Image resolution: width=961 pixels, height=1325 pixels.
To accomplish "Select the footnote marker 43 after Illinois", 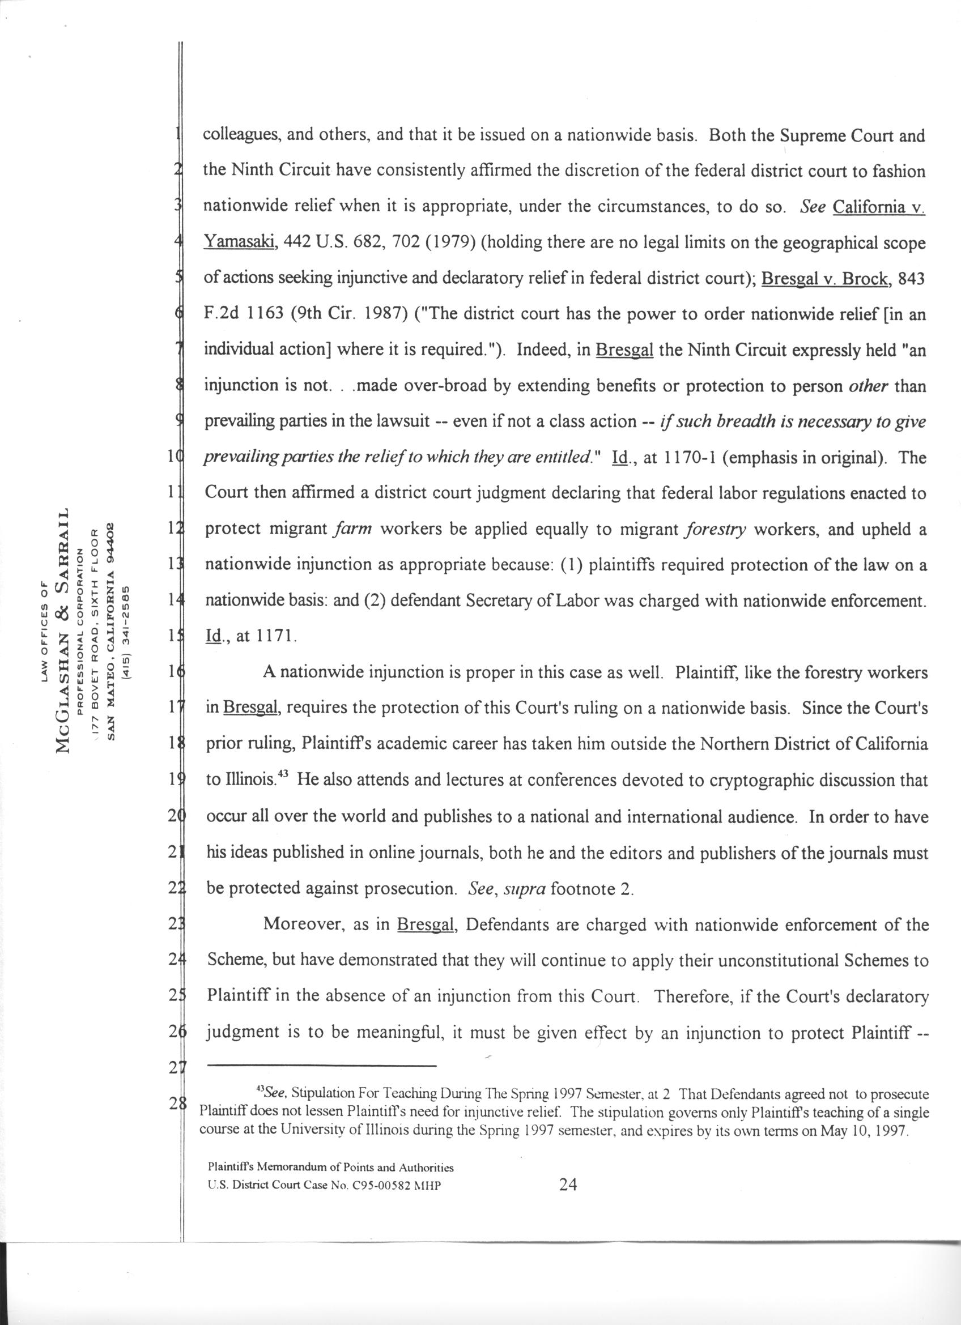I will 282,776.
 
